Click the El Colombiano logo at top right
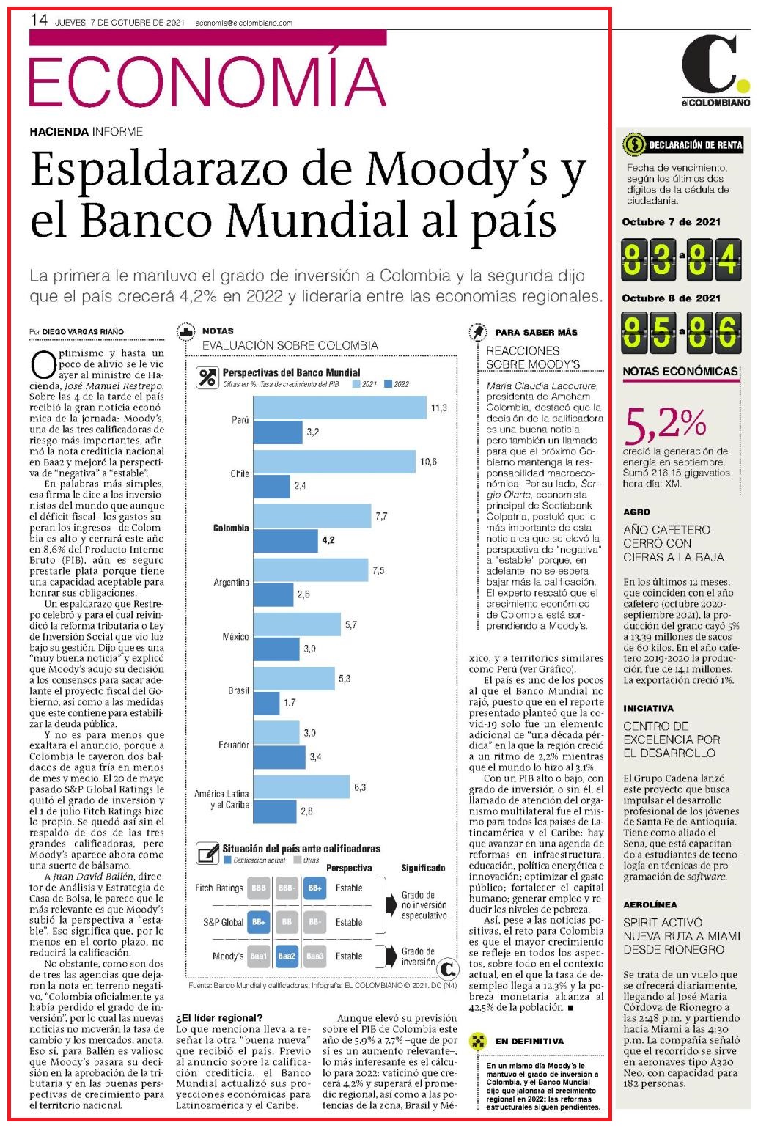[x=715, y=70]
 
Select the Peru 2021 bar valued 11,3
[x=339, y=408]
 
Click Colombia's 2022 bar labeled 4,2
[x=285, y=540]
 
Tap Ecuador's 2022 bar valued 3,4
[x=279, y=757]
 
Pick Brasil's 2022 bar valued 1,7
[x=266, y=703]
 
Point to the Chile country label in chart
[x=240, y=473]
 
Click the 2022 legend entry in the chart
[x=397, y=384]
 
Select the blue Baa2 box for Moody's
[x=287, y=956]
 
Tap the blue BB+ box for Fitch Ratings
[x=314, y=888]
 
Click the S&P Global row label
[x=223, y=922]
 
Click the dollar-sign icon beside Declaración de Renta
[x=634, y=144]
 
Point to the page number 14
[x=39, y=21]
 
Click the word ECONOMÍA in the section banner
[x=207, y=81]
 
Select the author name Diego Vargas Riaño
[x=83, y=331]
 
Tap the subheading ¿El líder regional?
[x=219, y=1017]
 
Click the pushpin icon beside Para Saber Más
[x=477, y=332]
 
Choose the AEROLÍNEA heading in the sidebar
[x=650, y=904]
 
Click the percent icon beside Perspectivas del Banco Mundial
[x=207, y=377]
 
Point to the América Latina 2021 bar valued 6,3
[x=301, y=787]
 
